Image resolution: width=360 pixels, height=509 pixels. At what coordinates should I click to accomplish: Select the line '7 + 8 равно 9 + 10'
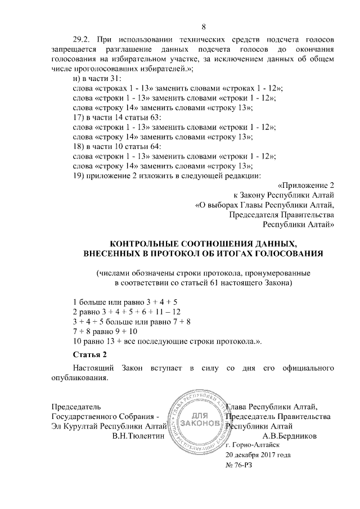[x=105, y=331]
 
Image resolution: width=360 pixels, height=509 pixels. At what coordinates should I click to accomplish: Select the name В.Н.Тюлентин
[x=138, y=435]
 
